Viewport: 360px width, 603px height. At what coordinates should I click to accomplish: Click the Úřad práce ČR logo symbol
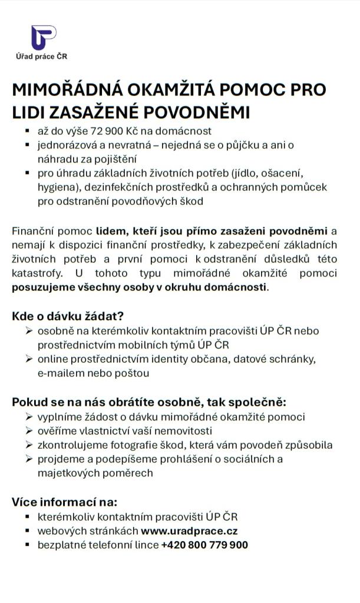point(44,38)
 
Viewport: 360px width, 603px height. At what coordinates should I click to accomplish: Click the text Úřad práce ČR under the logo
point(41,57)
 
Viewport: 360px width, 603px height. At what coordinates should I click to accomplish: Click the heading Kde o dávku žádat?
point(68,316)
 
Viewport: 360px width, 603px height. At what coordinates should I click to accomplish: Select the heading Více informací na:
point(65,502)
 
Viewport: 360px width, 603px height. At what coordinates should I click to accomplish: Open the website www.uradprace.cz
point(189,531)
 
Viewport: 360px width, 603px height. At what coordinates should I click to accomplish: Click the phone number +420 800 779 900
point(204,545)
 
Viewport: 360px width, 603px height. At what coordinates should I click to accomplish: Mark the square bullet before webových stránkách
point(28,531)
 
